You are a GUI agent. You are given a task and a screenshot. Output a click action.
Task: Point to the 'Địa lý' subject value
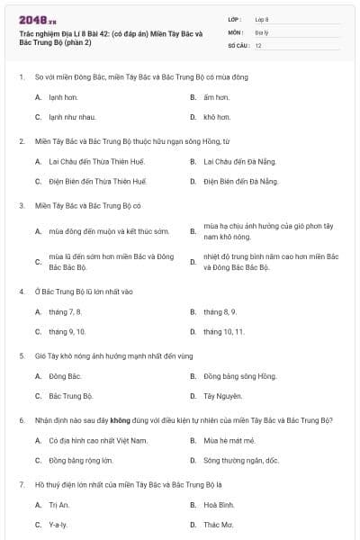coord(261,31)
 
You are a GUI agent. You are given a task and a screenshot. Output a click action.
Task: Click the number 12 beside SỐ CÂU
coord(258,44)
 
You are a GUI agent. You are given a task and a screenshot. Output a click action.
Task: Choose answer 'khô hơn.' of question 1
coord(217,117)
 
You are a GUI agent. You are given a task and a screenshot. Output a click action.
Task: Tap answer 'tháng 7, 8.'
coord(66,311)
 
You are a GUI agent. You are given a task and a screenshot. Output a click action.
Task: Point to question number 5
coord(21,355)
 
